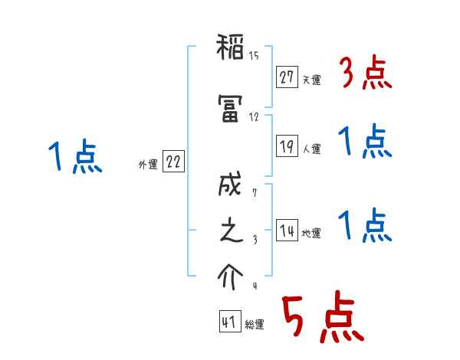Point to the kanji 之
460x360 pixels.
[231, 232]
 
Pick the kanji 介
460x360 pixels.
[231, 275]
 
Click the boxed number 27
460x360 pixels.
[287, 77]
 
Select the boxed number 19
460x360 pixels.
[287, 147]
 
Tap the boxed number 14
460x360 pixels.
[287, 231]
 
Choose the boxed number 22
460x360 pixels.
[173, 162]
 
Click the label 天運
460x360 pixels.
[311, 80]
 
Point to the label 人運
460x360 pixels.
[311, 149]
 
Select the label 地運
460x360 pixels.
[311, 234]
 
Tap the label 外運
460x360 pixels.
[148, 165]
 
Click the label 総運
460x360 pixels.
[255, 325]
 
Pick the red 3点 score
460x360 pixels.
[365, 73]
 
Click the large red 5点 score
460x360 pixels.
[322, 318]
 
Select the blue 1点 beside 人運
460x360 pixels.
[365, 142]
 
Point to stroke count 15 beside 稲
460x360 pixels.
[254, 54]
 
